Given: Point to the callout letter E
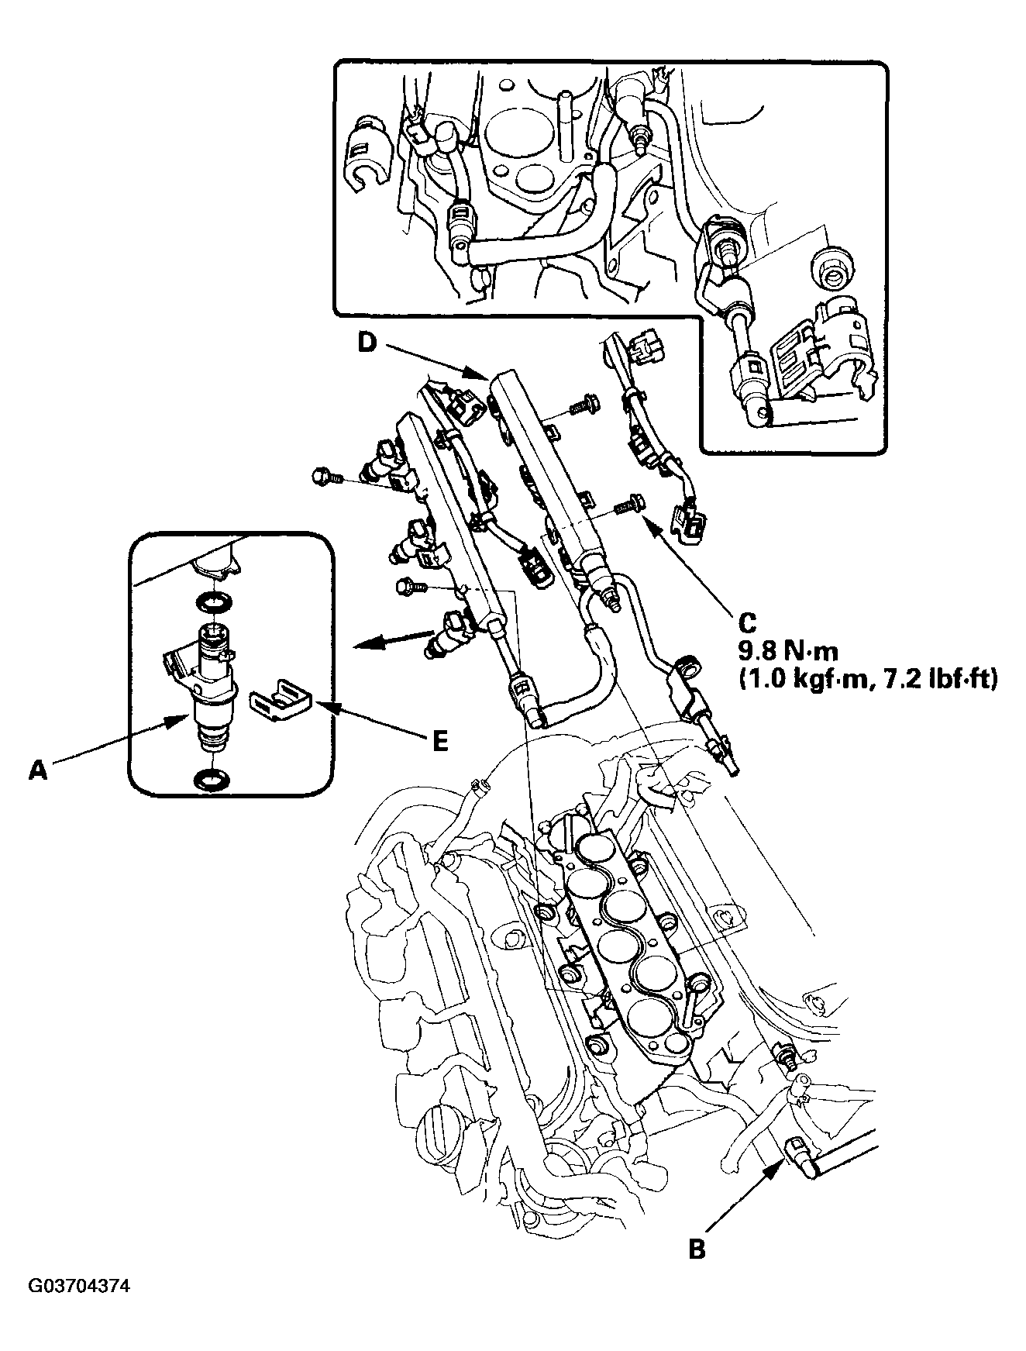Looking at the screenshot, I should coord(439,741).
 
